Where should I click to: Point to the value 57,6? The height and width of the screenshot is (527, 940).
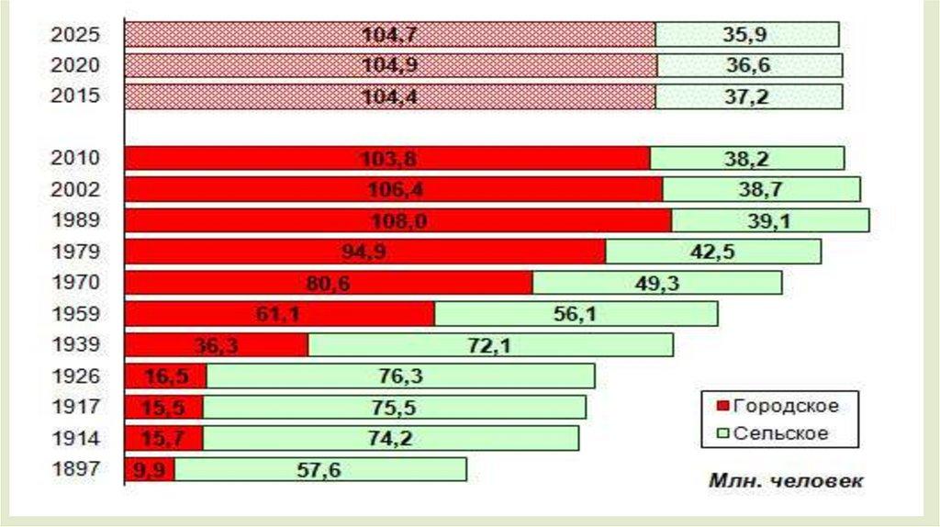point(319,470)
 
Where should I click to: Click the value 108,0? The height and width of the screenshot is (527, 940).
point(397,221)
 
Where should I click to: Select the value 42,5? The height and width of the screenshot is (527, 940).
point(714,252)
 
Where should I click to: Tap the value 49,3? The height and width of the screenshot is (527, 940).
point(657,284)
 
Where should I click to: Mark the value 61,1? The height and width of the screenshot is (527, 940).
point(279,315)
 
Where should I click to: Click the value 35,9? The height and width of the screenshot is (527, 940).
point(746,36)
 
